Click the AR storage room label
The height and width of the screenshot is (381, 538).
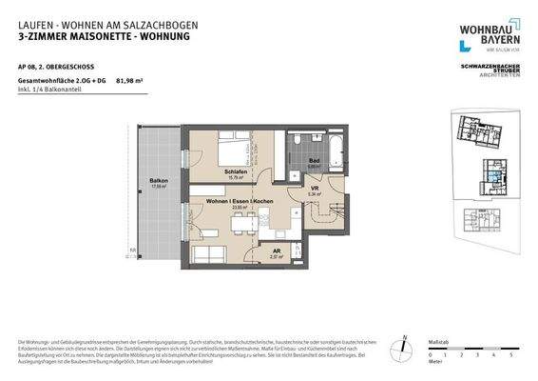(x=275, y=251)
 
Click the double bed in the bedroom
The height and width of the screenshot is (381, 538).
(x=234, y=150)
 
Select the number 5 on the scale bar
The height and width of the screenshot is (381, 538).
(x=511, y=353)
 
